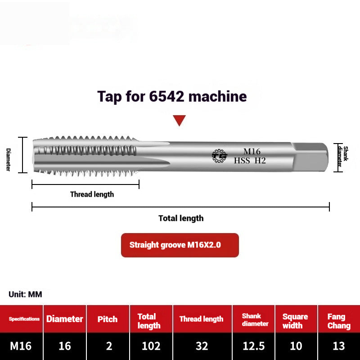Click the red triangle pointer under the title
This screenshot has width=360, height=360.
tap(180, 120)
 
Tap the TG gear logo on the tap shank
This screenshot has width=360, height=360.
tap(220, 156)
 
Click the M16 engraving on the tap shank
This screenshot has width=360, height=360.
tap(252, 152)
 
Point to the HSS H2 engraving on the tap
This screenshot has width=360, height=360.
tap(250, 160)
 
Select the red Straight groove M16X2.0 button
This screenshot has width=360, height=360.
tap(180, 245)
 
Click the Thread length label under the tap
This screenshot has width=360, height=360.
tap(92, 194)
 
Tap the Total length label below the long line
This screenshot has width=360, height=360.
tap(181, 218)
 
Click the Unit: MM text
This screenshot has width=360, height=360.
tap(25, 294)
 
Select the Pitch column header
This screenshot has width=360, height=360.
tap(108, 319)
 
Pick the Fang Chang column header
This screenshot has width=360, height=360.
tap(338, 321)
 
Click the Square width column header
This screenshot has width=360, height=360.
tap(295, 321)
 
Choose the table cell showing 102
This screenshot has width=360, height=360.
tap(151, 346)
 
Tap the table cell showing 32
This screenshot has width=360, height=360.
tap(202, 346)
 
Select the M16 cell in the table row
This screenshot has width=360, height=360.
tap(21, 346)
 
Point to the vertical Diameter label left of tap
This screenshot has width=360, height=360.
tap(8, 159)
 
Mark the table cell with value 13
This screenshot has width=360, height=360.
tap(338, 346)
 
